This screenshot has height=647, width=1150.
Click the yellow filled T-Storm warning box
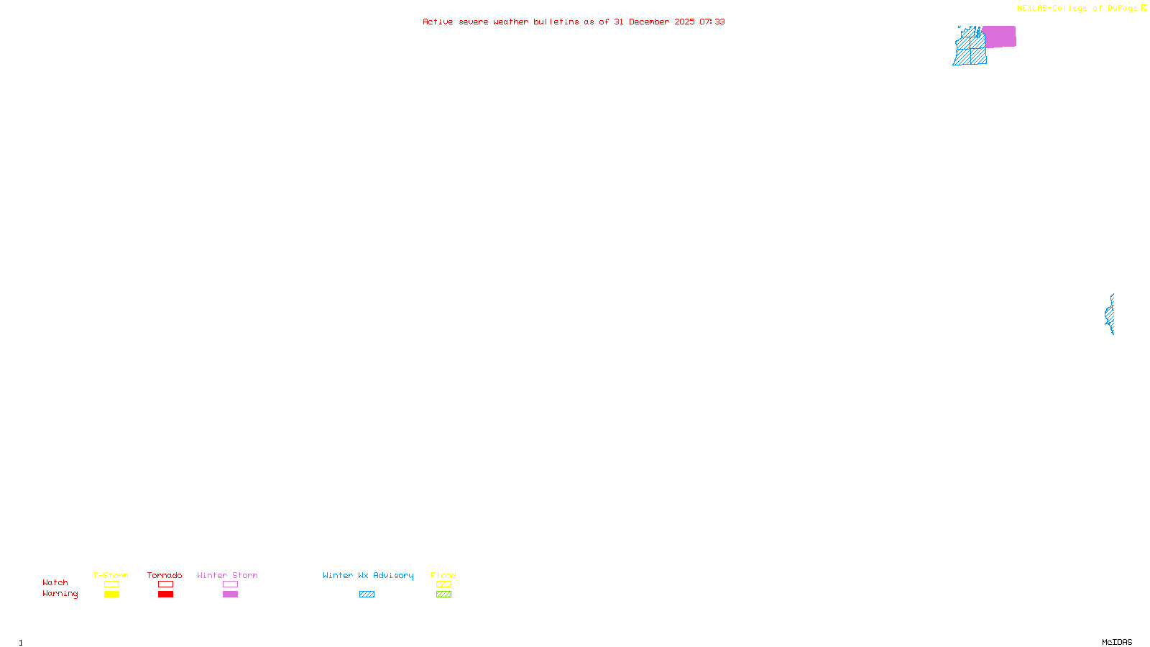pos(111,595)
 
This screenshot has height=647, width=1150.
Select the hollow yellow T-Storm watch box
pos(111,584)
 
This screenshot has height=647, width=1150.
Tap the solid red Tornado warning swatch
pos(165,595)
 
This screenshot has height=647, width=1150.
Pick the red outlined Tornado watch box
pos(165,584)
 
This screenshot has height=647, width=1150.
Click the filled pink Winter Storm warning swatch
pos(230,595)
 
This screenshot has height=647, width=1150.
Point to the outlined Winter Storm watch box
pos(230,584)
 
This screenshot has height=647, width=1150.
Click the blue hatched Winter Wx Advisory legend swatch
pos(367,595)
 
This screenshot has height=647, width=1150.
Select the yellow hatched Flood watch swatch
pos(443,584)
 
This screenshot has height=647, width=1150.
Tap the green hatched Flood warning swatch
pos(443,595)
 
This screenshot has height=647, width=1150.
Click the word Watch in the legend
pos(55,583)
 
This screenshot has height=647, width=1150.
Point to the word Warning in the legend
pos(60,594)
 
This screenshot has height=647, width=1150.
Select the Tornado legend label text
pos(165,575)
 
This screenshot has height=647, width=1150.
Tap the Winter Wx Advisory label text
pos(368,575)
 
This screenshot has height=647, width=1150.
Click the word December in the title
pos(649,22)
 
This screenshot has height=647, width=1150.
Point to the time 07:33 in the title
pos(712,22)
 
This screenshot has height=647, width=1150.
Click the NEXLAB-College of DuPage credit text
pos(1077,8)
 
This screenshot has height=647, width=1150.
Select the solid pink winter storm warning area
pos(999,37)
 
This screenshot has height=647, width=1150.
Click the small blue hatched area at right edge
pos(1110,315)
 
